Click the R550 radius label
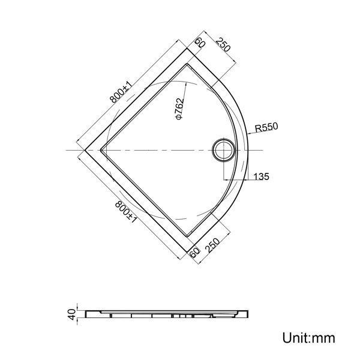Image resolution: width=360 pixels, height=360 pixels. pyautogui.click(x=266, y=127)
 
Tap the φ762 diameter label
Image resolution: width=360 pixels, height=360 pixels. pyautogui.click(x=179, y=109)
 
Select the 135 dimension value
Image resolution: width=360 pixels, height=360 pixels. pyautogui.click(x=261, y=176)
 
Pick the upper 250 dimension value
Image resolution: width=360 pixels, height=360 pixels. pyautogui.click(x=223, y=44)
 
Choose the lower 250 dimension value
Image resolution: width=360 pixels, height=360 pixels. pyautogui.click(x=212, y=245)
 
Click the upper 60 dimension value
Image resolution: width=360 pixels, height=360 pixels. pyautogui.click(x=200, y=43)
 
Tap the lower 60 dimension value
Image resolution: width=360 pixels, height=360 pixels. pyautogui.click(x=194, y=253)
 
